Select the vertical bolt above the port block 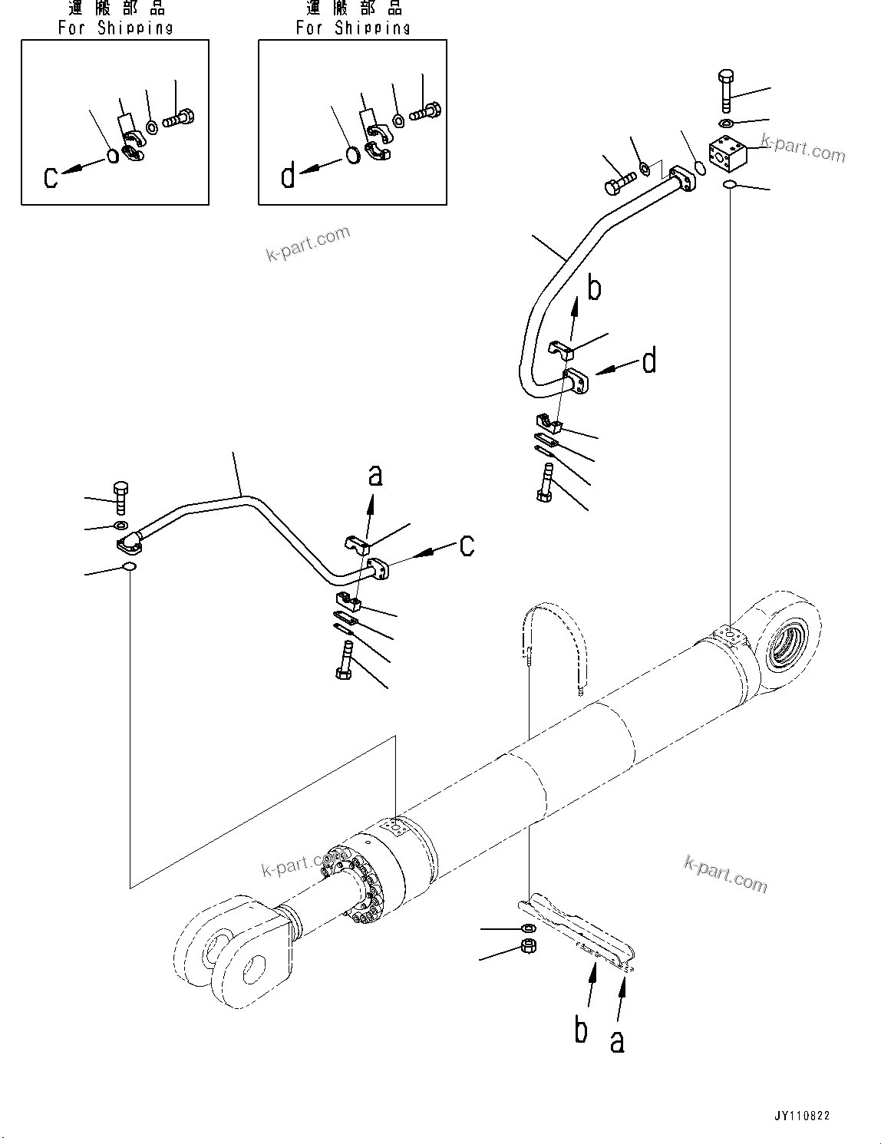[x=727, y=91]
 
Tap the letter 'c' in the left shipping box [x=51, y=177]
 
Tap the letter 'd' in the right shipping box [x=288, y=177]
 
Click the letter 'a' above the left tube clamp [x=375, y=475]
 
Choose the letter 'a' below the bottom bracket [x=617, y=1040]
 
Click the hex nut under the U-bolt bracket [x=528, y=946]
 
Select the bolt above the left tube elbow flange [x=120, y=498]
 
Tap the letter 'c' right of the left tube [x=467, y=546]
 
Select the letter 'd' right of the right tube [x=649, y=360]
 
